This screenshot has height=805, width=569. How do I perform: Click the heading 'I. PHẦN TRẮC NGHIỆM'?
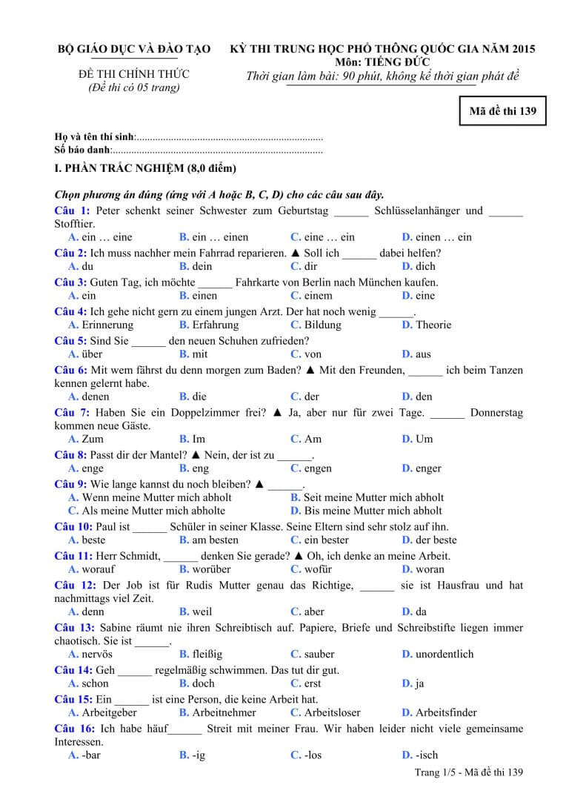tap(145, 168)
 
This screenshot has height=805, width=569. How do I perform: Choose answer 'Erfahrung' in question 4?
tap(216, 325)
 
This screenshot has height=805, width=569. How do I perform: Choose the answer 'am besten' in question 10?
tap(215, 540)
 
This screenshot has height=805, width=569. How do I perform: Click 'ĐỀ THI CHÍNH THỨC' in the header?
tap(134, 74)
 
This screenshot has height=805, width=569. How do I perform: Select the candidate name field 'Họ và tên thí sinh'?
tap(95, 137)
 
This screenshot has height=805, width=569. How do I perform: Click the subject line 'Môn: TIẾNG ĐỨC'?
tap(382, 62)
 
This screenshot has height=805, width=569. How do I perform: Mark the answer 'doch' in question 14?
tap(203, 683)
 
